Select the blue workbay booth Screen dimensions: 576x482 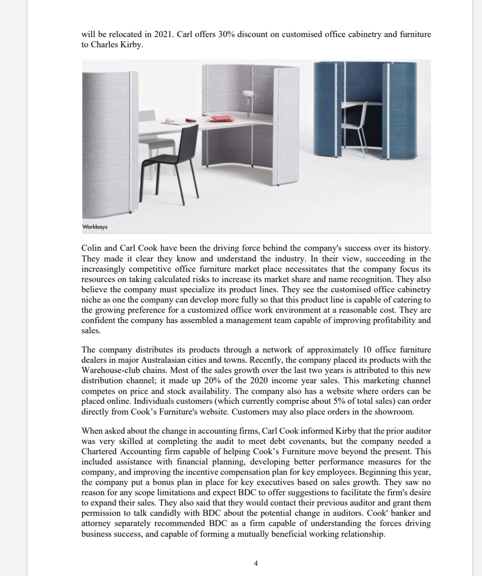(x=365, y=110)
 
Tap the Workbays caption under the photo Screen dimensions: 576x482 (x=95, y=227)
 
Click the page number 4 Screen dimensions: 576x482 (x=256, y=563)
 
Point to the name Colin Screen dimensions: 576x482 (x=91, y=248)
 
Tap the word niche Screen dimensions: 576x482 (x=91, y=300)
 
